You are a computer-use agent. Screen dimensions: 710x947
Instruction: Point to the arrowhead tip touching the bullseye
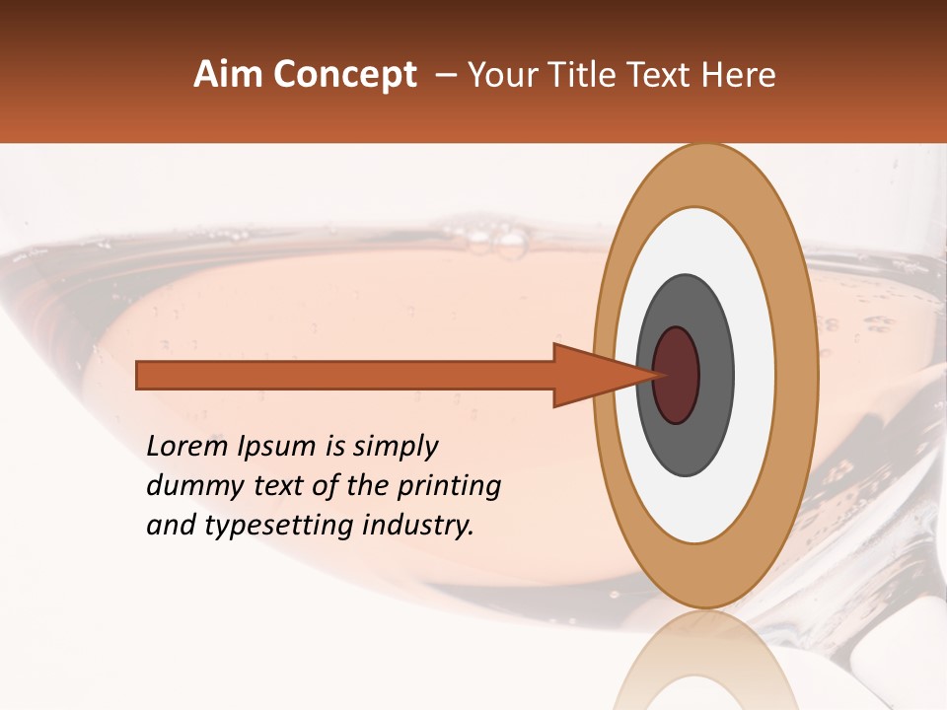point(659,375)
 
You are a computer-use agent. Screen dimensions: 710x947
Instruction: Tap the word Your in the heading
point(495,75)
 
